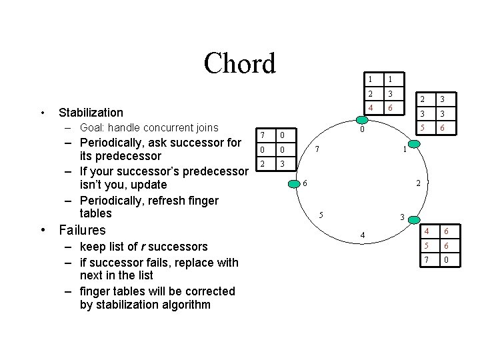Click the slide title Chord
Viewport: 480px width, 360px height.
click(x=239, y=64)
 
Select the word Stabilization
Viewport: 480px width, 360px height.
click(x=91, y=113)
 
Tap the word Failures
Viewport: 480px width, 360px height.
click(x=82, y=230)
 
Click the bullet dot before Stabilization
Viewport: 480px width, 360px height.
click(x=42, y=112)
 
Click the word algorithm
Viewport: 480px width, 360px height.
click(x=187, y=305)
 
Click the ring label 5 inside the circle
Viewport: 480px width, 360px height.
click(x=321, y=215)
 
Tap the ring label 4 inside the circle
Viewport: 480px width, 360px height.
click(x=362, y=235)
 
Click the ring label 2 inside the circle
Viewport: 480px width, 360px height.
click(x=418, y=183)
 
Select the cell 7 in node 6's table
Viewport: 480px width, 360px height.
click(x=263, y=135)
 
